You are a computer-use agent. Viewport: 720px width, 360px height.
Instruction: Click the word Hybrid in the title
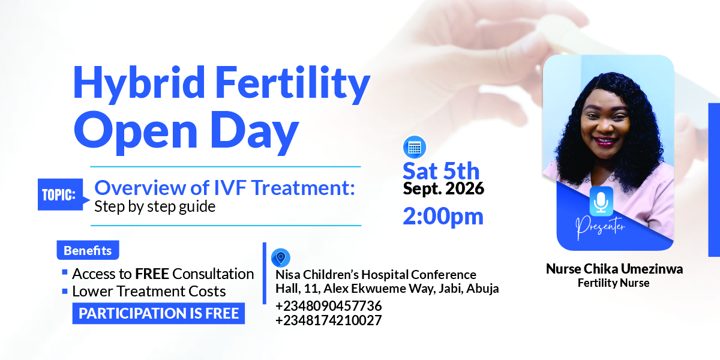139,85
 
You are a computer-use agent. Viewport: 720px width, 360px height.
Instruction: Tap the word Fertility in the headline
293,85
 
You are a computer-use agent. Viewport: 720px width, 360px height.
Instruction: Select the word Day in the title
254,133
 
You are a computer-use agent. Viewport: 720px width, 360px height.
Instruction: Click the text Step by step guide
155,206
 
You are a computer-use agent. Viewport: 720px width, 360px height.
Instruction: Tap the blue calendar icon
415,148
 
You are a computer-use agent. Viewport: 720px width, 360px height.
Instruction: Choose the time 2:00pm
443,216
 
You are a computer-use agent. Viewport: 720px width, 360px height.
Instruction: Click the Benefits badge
88,250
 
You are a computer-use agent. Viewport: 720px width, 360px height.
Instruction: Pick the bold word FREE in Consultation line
152,274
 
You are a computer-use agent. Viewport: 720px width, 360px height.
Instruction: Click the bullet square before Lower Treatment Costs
65,291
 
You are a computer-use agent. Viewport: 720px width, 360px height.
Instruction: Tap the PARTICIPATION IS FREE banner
158,313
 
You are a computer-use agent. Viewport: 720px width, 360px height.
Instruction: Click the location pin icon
281,258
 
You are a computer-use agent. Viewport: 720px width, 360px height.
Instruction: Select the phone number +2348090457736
329,306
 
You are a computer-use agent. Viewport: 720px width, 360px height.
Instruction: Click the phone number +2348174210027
329,320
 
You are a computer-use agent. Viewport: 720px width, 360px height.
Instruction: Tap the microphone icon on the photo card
601,201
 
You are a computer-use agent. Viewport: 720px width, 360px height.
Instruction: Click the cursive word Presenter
600,227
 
